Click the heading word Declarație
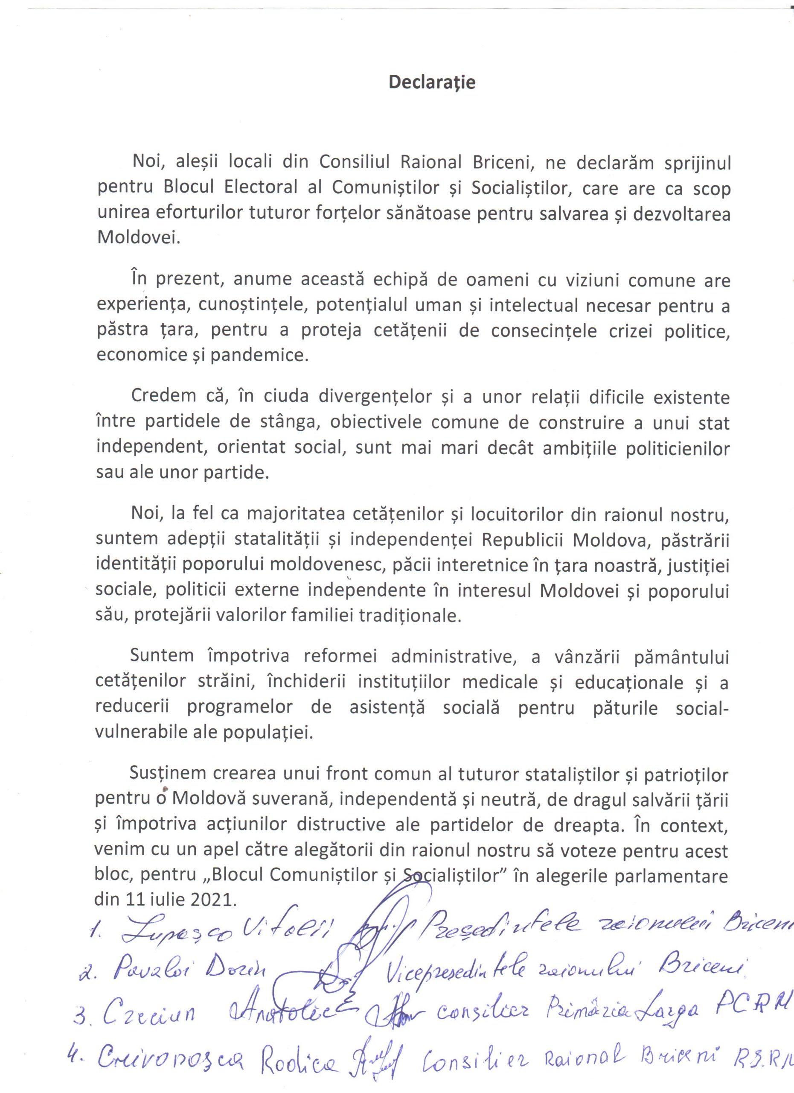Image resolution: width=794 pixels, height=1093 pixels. (432, 82)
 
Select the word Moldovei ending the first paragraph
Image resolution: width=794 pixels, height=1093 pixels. (138, 238)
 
